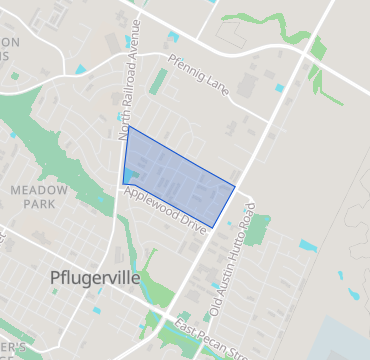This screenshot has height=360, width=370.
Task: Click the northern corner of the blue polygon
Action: [x=128, y=127]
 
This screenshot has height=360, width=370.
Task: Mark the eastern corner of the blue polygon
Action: [x=235, y=185]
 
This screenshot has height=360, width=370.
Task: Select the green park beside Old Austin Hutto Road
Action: [x=257, y=231]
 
